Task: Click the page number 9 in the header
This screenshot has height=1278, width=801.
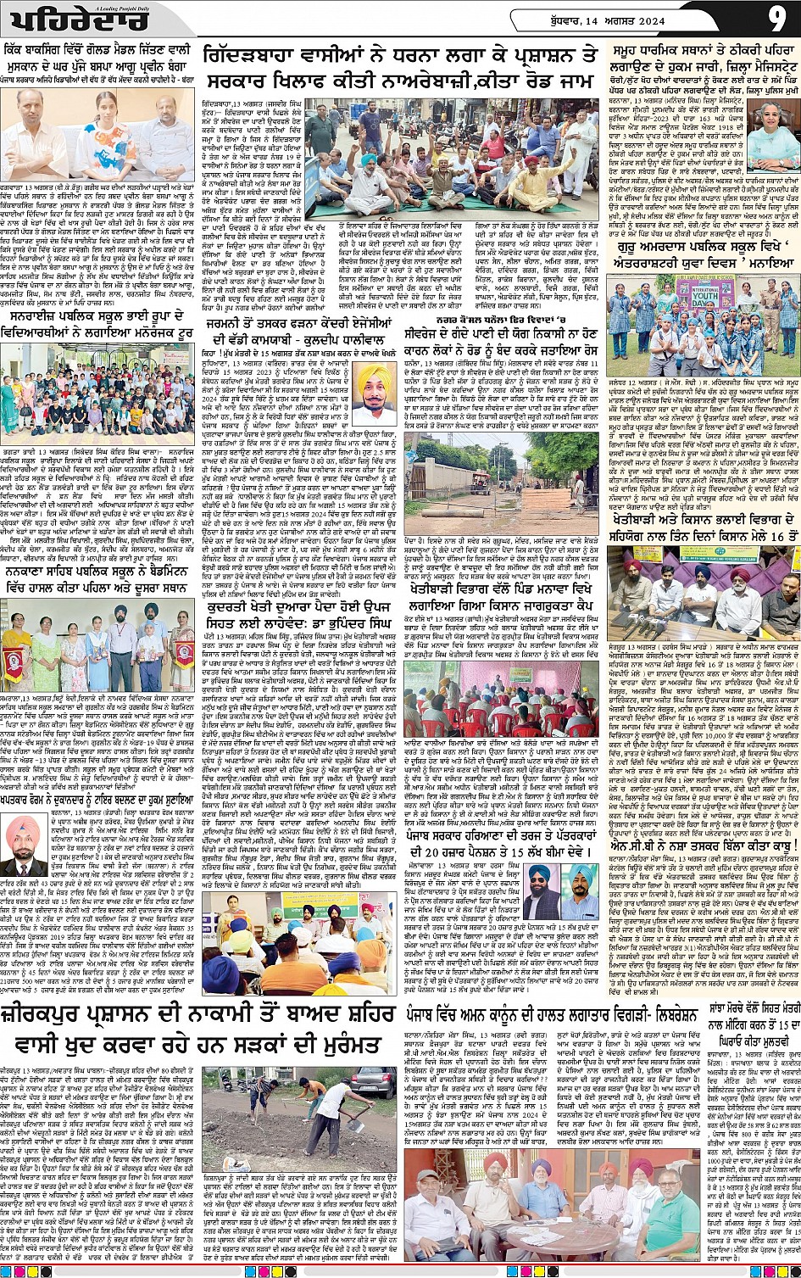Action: (777, 19)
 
